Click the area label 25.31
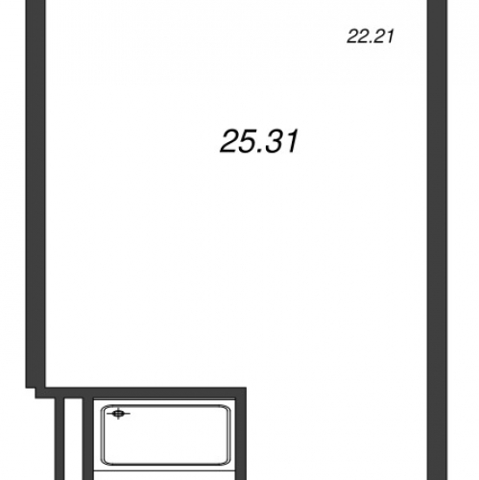click(x=259, y=141)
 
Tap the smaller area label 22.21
click(x=371, y=36)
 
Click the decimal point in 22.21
click(x=373, y=42)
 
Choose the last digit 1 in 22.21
click(x=390, y=36)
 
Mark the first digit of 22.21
click(x=353, y=36)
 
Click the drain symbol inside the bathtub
click(x=118, y=414)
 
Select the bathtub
click(x=165, y=435)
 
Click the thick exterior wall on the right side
click(x=437, y=240)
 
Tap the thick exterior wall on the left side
click(x=36, y=194)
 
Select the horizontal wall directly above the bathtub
click(x=141, y=393)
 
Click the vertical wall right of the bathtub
click(x=241, y=439)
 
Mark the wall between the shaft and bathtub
click(x=87, y=439)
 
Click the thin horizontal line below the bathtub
click(x=165, y=471)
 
